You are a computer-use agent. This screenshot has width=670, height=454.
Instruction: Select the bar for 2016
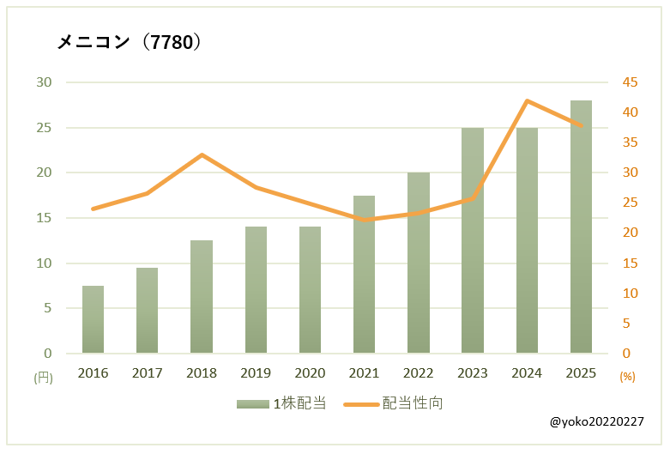93,319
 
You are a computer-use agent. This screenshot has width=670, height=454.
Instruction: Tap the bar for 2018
202,297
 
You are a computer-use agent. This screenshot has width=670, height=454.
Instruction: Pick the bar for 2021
364,275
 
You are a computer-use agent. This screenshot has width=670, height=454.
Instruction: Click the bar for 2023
472,240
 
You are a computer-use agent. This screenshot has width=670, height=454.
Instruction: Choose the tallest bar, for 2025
581,227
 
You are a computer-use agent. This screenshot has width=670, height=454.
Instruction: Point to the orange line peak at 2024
527,100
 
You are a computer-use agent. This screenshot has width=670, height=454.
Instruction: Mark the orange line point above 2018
202,154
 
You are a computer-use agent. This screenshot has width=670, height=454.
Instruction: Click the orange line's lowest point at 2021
364,220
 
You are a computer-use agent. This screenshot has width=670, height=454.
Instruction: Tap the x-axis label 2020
310,373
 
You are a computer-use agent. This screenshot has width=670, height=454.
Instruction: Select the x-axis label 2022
418,373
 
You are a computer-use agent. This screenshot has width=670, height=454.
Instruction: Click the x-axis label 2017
147,373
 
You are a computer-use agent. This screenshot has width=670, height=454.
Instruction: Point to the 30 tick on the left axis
44,82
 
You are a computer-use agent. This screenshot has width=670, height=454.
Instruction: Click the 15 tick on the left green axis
44,218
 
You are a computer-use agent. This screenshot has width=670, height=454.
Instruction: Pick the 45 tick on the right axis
631,82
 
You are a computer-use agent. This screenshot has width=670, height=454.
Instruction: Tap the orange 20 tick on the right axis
631,233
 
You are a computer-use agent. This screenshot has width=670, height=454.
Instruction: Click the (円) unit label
43,377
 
